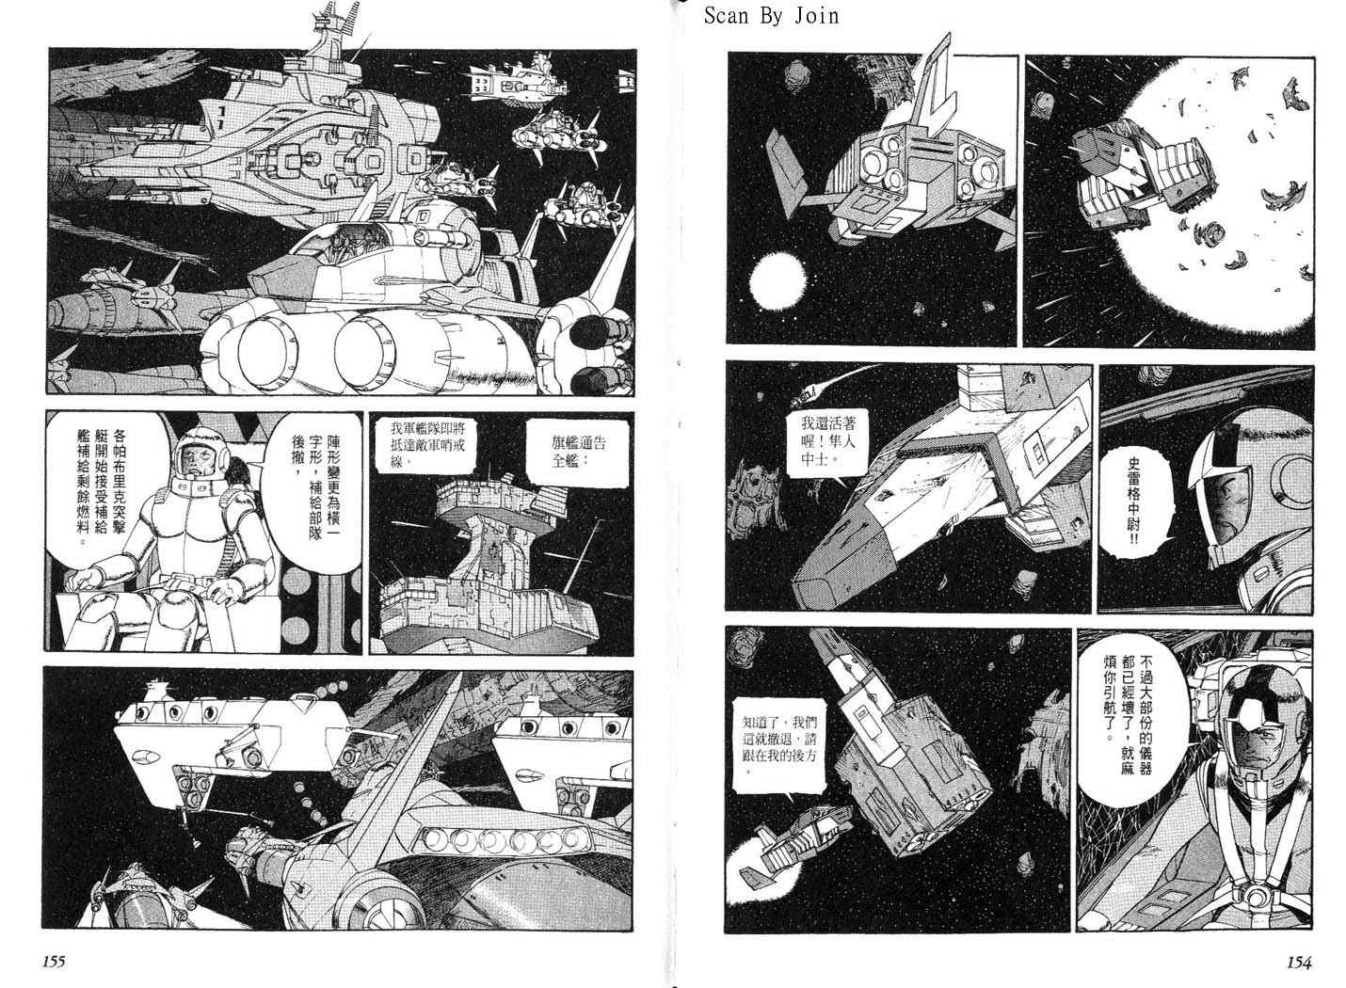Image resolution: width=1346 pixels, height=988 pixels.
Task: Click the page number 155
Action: [x=54, y=961]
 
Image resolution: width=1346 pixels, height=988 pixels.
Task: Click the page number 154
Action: [x=1299, y=963]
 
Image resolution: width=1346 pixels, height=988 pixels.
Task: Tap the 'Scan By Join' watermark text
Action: [x=772, y=16]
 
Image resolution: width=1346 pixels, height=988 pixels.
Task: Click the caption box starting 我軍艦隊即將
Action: [x=428, y=445]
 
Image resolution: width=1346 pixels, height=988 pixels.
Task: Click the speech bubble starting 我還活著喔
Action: [x=828, y=441]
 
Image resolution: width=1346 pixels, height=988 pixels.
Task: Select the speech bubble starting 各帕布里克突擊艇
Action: [x=103, y=486]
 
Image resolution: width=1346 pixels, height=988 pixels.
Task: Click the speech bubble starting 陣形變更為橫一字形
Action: [x=316, y=486]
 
